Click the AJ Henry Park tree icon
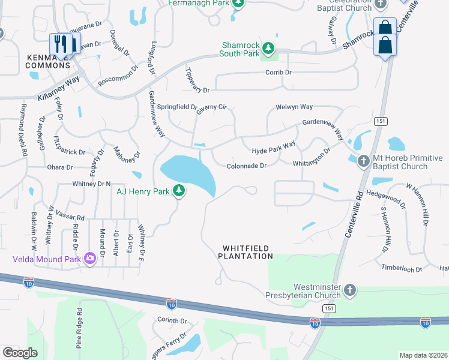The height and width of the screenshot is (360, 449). pos(178,191)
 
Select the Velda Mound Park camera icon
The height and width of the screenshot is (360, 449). pos(90,258)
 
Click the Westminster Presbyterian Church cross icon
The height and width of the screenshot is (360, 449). pos(351,291)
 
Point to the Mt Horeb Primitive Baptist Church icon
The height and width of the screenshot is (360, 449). pos(363,161)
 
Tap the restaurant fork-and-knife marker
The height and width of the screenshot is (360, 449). pos(59,43)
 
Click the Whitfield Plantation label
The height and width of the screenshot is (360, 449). pos(247,252)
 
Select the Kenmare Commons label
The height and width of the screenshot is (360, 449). pos(49,60)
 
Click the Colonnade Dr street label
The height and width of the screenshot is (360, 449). pos(246,166)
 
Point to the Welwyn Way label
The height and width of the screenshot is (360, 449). pos(294,107)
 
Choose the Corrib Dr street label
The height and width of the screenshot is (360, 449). pos(279,73)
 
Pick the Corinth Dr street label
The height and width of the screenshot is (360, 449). pos(172,321)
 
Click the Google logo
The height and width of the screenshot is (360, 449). pos(20,352)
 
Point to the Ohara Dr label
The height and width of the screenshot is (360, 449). pos(60,167)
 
